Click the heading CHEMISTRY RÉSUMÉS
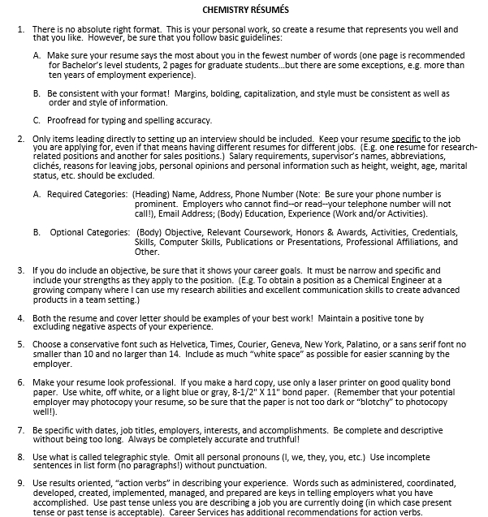click(x=244, y=10)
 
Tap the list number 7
click(x=20, y=429)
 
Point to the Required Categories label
click(x=87, y=194)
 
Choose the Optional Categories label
click(x=89, y=232)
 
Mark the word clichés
click(x=50, y=166)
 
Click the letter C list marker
click(x=37, y=120)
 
